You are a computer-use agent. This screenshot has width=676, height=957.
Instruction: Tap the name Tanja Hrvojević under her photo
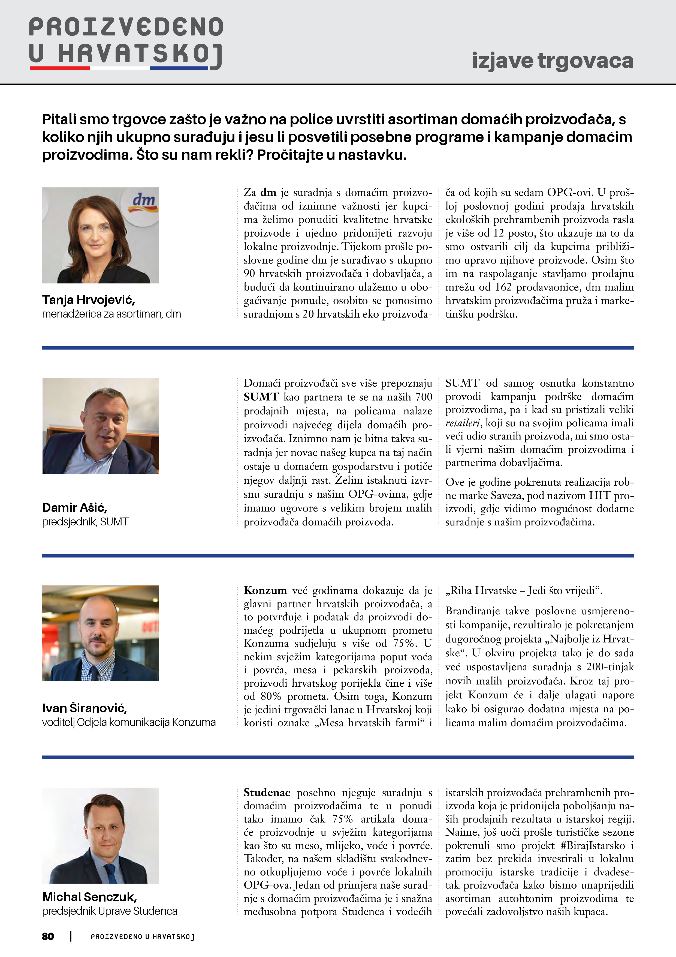(88, 300)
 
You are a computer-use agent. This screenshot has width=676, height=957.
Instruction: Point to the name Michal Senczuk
(89, 896)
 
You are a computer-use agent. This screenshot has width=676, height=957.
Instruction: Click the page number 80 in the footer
(48, 936)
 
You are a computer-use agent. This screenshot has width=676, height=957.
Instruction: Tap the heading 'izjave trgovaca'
(552, 61)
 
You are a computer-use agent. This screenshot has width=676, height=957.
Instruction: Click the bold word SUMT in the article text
(261, 397)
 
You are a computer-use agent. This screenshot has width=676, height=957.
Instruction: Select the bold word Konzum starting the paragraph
(265, 590)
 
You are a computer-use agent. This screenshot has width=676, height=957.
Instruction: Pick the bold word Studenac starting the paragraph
(267, 792)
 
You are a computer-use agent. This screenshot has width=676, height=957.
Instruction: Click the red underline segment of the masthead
(60, 68)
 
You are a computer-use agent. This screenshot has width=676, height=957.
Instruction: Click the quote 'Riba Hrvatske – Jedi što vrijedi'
(523, 591)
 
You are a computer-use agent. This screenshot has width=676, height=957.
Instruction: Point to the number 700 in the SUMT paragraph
(424, 397)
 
